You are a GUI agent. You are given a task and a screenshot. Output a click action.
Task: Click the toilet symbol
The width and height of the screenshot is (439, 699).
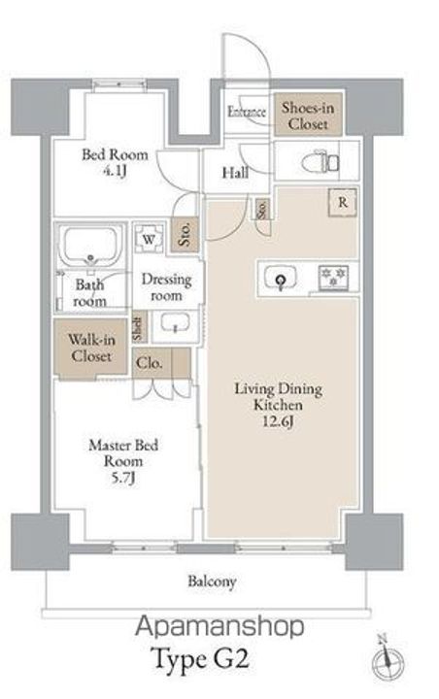(x=320, y=162)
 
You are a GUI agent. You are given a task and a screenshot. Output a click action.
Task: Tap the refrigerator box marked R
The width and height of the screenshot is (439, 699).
(x=342, y=202)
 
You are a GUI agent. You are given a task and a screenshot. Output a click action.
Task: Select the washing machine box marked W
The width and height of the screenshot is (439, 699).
(x=149, y=239)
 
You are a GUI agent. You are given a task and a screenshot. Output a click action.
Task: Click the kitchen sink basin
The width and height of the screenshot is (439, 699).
(x=281, y=278)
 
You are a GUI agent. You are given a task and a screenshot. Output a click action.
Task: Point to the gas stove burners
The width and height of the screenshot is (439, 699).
(x=333, y=277)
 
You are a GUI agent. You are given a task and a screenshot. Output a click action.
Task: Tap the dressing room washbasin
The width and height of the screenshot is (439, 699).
(x=176, y=323)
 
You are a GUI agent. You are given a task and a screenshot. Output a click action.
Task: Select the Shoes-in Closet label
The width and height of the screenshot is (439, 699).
(x=308, y=115)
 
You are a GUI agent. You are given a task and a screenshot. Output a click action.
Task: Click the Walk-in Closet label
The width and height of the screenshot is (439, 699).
(x=91, y=348)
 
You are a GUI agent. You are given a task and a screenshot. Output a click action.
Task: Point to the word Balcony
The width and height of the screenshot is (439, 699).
(x=212, y=582)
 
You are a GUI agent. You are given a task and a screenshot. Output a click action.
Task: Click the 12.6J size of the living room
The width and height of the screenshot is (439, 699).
(x=278, y=421)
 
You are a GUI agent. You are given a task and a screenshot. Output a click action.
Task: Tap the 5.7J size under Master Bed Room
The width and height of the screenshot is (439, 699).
(x=123, y=478)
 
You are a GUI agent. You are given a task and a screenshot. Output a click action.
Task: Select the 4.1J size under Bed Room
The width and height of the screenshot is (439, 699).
(x=115, y=170)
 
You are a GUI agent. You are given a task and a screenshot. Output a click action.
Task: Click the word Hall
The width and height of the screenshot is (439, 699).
(x=235, y=173)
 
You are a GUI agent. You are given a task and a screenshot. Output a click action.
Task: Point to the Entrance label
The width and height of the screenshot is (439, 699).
(x=247, y=112)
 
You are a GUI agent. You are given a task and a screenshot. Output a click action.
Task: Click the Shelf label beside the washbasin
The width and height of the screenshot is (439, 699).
(x=139, y=328)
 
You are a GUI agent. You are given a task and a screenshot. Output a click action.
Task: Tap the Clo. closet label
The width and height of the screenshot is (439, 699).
(x=149, y=363)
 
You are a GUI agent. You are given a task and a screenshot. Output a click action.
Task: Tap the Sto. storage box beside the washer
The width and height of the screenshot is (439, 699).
(x=185, y=233)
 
